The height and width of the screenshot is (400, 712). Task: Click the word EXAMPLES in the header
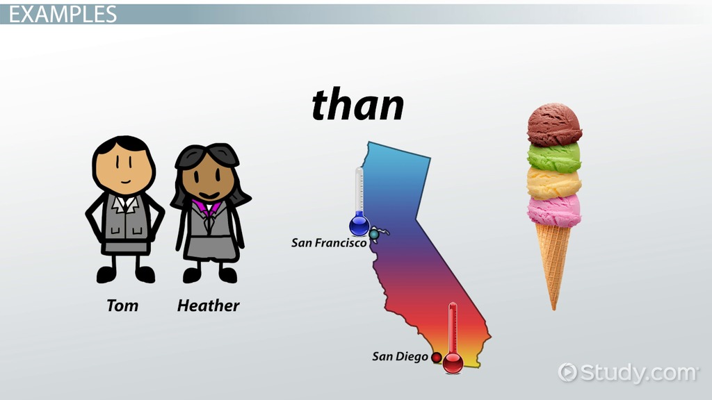[63, 14]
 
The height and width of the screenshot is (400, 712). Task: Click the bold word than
[358, 105]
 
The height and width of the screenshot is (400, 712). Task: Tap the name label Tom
[122, 306]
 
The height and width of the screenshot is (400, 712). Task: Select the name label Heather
[208, 306]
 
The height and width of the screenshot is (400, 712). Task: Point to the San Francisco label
[329, 243]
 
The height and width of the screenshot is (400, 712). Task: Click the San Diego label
[400, 356]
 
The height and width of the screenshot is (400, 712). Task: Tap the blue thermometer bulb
[359, 225]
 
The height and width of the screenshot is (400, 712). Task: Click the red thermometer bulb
[453, 362]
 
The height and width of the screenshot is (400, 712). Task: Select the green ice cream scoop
[554, 157]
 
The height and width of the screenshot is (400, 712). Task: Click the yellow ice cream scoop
[554, 183]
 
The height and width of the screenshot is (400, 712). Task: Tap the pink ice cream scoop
[554, 210]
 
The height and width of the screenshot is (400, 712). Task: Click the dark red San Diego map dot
[437, 358]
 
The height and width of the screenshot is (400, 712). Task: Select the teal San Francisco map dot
[373, 235]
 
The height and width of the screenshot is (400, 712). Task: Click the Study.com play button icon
[567, 372]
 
